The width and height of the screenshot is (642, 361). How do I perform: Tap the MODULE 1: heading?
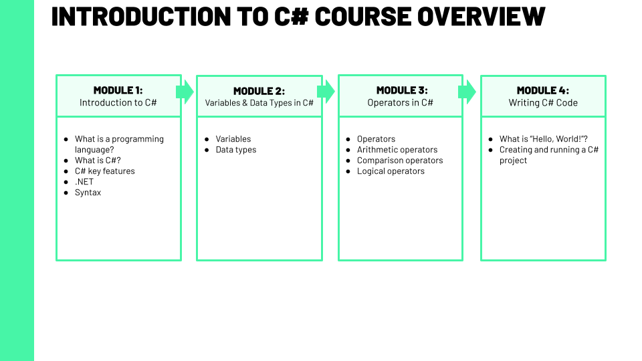point(118,90)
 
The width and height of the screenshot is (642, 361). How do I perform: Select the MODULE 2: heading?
point(259,91)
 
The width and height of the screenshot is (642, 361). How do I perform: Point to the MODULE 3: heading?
point(401,90)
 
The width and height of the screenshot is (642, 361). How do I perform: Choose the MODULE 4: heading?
point(543,90)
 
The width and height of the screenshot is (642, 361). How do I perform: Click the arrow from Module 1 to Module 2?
point(185,92)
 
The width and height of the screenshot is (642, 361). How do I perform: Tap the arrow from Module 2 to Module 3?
point(326,92)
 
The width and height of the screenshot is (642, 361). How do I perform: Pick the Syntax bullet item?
point(88,193)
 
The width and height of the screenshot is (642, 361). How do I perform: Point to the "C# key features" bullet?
point(104,171)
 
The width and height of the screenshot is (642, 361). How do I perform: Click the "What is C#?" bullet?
point(98,160)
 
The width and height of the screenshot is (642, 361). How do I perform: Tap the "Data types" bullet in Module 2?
point(235,150)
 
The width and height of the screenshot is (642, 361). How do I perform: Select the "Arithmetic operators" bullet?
point(397,150)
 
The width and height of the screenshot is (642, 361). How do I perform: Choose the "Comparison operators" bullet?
point(400,160)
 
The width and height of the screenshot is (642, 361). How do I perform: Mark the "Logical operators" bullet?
point(391,171)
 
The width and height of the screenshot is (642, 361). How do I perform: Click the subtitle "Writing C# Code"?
point(543,103)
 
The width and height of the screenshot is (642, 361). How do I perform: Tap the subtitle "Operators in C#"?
point(400,103)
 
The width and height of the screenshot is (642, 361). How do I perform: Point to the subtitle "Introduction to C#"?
point(118,103)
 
